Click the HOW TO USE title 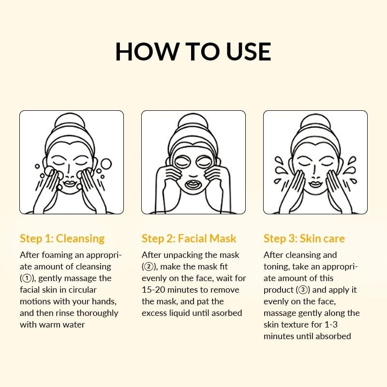pyautogui.click(x=193, y=51)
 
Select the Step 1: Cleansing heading pyautogui.click(x=62, y=238)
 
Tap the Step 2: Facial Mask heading pyautogui.click(x=189, y=238)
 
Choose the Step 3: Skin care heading pyautogui.click(x=304, y=238)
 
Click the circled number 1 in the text pyautogui.click(x=27, y=278)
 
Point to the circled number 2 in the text pyautogui.click(x=149, y=267)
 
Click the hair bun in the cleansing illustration pyautogui.click(x=72, y=121)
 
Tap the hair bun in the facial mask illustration pyautogui.click(x=193, y=121)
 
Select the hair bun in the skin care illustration pyautogui.click(x=315, y=121)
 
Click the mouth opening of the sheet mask pyautogui.click(x=193, y=184)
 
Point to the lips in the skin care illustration pyautogui.click(x=315, y=183)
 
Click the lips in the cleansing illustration pyautogui.click(x=72, y=183)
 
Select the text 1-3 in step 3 pyautogui.click(x=339, y=325)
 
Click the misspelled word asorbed pyautogui.click(x=225, y=313)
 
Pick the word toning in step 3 pyautogui.click(x=277, y=267)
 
